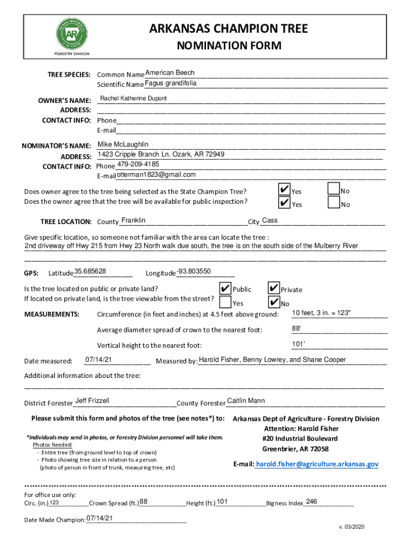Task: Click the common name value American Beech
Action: [x=170, y=73]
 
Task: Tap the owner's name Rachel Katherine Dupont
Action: [x=134, y=99]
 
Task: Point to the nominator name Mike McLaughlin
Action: [x=123, y=145]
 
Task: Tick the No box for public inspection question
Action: [x=333, y=203]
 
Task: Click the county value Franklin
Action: [x=133, y=221]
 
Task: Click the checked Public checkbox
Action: [x=225, y=288]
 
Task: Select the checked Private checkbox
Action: [x=273, y=288]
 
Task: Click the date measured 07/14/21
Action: [x=99, y=359]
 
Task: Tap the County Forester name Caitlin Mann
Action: [x=246, y=401]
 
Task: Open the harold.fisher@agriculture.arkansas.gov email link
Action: [x=317, y=464]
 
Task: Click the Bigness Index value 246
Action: [x=311, y=501]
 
